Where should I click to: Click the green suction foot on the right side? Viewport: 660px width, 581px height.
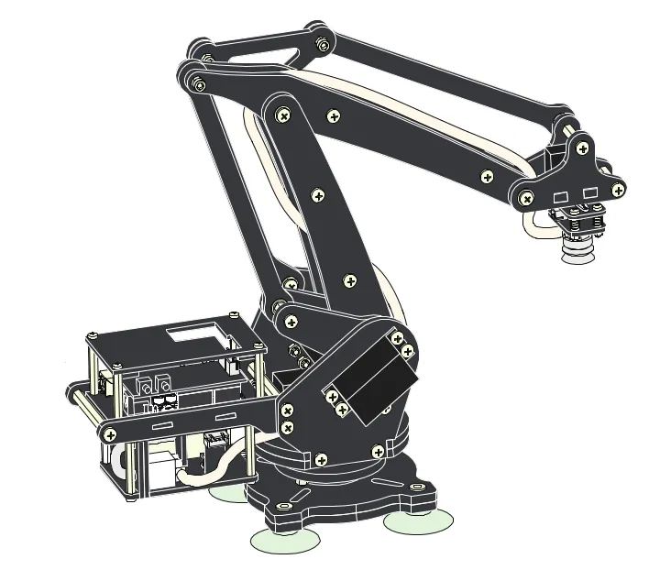click(x=417, y=522)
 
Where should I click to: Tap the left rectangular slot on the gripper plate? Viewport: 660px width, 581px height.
click(x=562, y=196)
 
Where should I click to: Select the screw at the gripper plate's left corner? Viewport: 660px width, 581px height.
click(x=526, y=198)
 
